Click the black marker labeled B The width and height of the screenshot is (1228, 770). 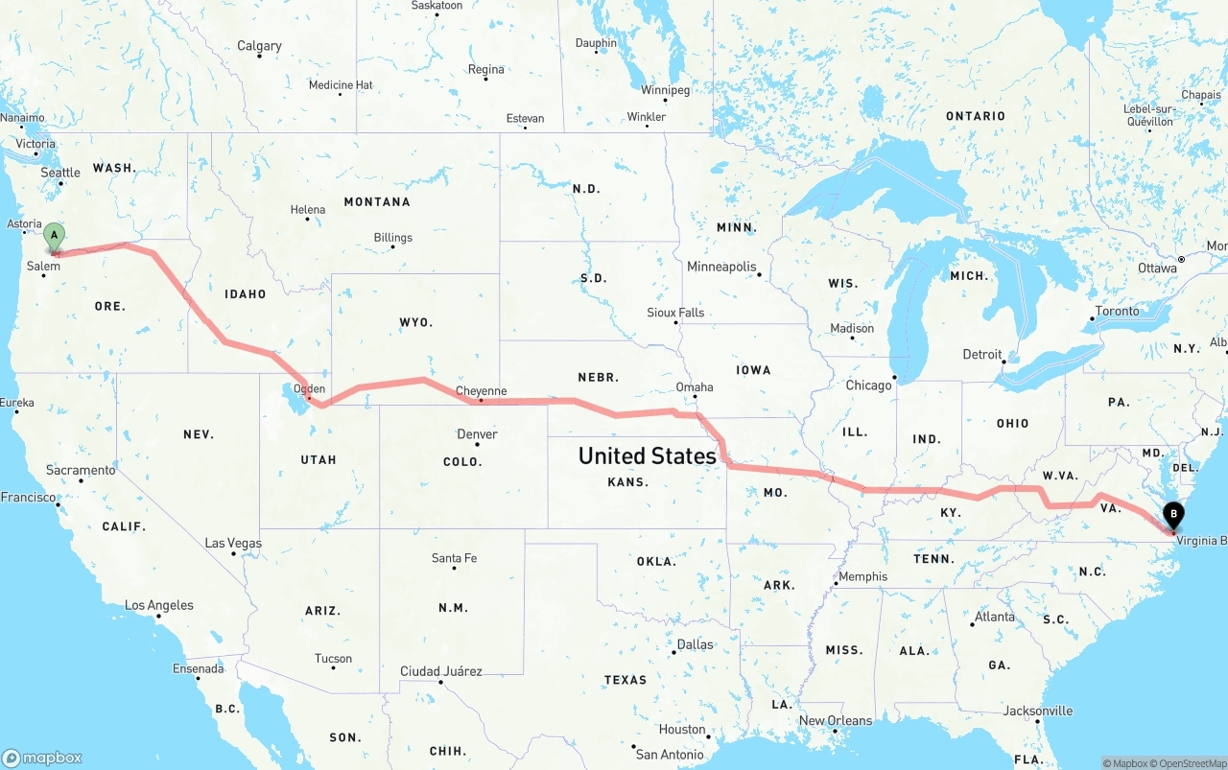click(1172, 516)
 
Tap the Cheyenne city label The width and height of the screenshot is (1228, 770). click(481, 391)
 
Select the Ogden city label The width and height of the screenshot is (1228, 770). click(309, 389)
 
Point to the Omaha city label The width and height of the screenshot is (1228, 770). click(695, 387)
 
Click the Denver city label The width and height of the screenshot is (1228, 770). click(477, 434)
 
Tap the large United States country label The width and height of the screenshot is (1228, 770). click(647, 455)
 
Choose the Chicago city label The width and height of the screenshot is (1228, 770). click(868, 385)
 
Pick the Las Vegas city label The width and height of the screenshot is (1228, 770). click(232, 544)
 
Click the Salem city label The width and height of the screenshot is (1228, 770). click(43, 267)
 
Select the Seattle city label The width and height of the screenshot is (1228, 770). click(60, 173)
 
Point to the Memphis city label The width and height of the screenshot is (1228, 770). click(862, 577)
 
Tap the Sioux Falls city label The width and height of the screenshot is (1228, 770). click(675, 313)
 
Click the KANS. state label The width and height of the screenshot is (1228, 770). click(628, 482)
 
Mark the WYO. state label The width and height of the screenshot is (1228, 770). click(415, 322)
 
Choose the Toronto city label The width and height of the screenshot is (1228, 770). click(1117, 311)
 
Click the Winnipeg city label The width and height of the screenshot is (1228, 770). click(665, 90)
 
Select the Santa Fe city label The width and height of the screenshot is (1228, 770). click(454, 558)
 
